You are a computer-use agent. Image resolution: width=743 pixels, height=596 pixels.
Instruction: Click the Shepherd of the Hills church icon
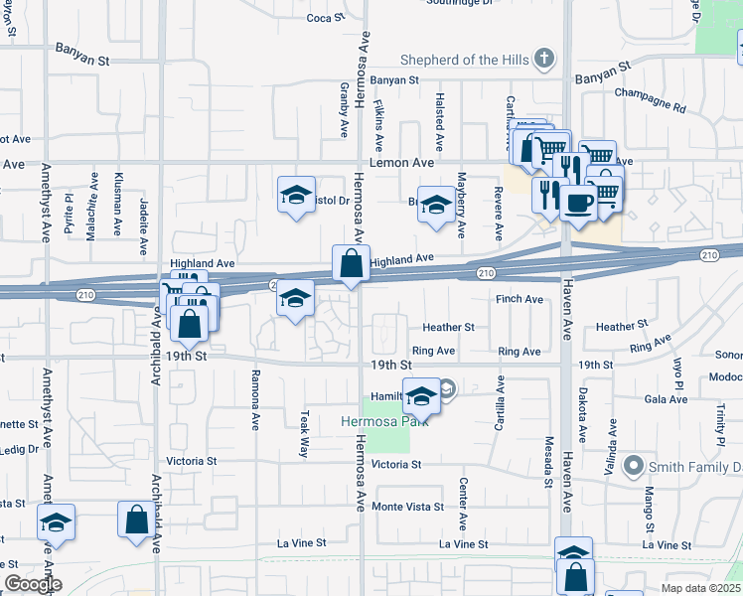[542, 60]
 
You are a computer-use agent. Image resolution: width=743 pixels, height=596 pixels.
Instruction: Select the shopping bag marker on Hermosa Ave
[351, 264]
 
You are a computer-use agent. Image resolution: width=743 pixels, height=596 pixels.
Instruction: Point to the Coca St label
[324, 18]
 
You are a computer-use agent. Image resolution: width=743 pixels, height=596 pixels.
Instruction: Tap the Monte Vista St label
[407, 507]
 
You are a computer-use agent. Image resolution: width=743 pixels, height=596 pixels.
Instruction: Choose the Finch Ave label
[520, 299]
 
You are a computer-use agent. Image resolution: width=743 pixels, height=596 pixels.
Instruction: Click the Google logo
[32, 584]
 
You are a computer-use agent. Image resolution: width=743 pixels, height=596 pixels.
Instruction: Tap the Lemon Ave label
[401, 162]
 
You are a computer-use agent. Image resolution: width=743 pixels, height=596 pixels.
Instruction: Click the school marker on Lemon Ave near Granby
[296, 195]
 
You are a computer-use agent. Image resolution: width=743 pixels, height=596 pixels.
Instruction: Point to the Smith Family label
[694, 467]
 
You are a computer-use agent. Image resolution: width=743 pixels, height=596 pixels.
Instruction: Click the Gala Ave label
[666, 399]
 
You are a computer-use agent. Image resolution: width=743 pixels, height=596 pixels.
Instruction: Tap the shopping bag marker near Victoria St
[136, 519]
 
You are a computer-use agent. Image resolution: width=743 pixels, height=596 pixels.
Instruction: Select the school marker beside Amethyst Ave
[57, 522]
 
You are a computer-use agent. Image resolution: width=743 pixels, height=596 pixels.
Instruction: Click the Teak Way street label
[304, 435]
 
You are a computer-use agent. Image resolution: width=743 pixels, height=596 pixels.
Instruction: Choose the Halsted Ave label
[438, 116]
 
